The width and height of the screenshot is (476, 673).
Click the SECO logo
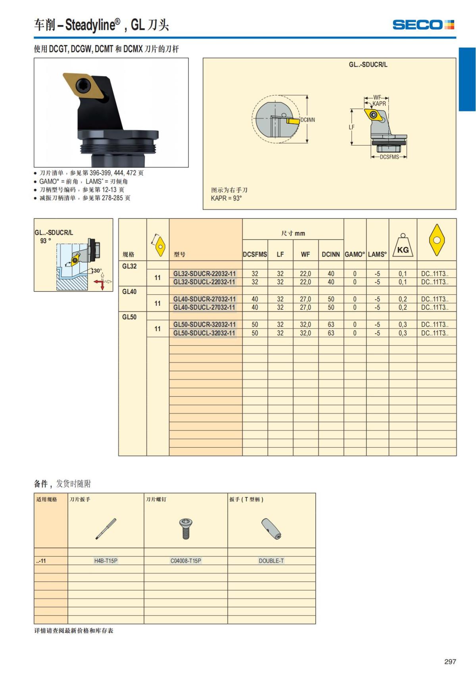coord(423,25)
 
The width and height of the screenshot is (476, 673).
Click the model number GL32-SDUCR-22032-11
coord(204,274)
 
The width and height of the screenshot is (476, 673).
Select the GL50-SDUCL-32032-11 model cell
coord(204,333)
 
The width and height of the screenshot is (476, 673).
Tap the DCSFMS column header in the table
coord(255,255)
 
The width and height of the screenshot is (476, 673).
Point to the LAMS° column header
coord(377,255)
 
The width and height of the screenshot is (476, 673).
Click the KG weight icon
coord(403,246)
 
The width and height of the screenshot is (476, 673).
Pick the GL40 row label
coord(129,291)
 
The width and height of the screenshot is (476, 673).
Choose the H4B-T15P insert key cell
coord(106,561)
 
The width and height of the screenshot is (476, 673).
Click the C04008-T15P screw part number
coord(186,561)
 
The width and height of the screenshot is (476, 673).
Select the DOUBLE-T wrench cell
coord(271,561)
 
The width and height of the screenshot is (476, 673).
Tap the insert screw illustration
coord(185,528)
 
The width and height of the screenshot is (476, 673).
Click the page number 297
coord(450,661)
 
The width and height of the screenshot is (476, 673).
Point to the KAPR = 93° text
coord(226,198)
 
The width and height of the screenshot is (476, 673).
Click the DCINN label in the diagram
coord(308,120)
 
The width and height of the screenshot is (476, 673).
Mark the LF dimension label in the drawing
coord(351,127)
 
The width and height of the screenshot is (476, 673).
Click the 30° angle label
coord(98,270)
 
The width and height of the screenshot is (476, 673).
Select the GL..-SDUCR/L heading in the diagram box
coord(368,65)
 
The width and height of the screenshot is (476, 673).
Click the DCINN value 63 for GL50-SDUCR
coord(331,324)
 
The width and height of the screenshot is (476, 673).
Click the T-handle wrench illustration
coord(271,528)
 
